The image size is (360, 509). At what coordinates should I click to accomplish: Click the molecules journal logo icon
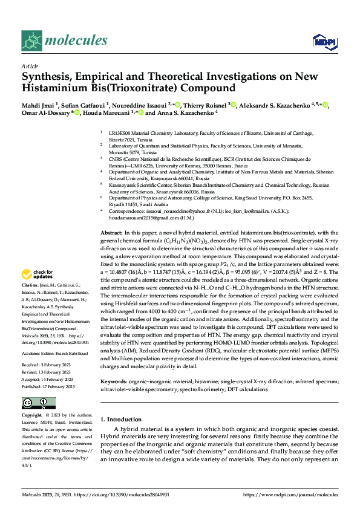32,41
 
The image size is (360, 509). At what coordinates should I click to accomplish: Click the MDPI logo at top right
322,41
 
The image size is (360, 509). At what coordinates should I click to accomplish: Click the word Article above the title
30,66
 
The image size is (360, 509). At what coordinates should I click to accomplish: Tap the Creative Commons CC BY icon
38,403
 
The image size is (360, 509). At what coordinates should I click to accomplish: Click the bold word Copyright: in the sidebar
32,416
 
